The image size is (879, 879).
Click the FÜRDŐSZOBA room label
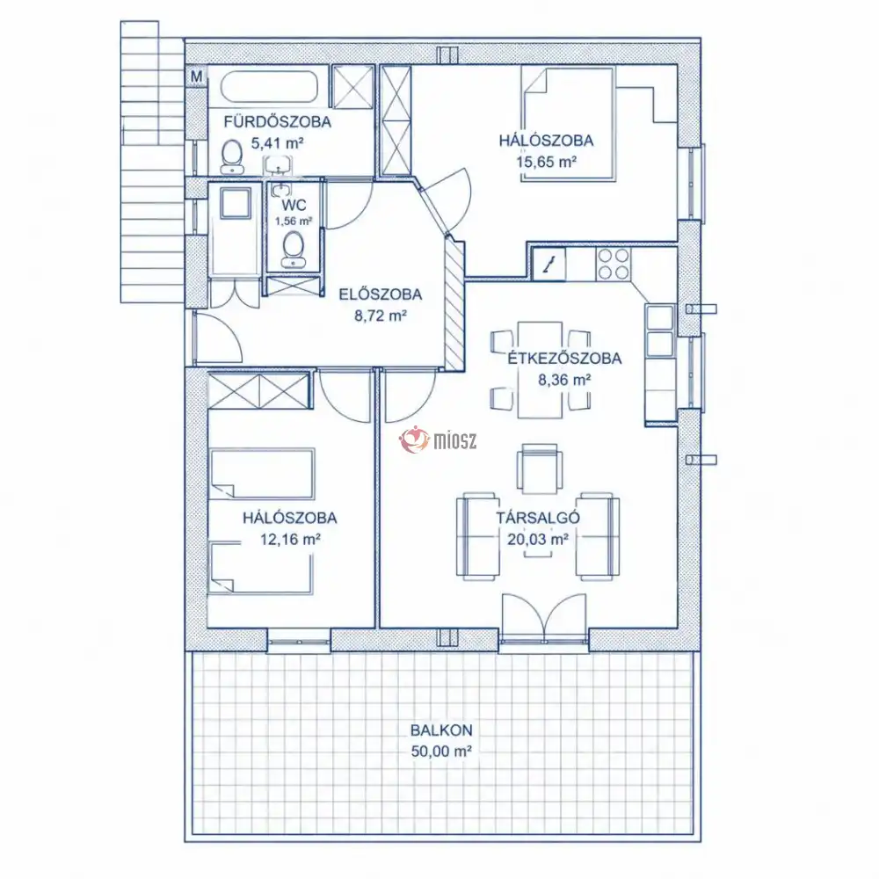coord(278,121)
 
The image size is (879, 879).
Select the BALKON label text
coord(441,730)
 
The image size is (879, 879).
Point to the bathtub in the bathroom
coord(269,87)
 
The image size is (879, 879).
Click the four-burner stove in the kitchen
coord(613,264)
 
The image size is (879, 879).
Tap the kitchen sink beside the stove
coord(548,264)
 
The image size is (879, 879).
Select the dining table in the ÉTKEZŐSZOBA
coord(540,370)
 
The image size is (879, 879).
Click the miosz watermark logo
coord(438,440)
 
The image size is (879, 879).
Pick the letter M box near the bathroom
coord(196,76)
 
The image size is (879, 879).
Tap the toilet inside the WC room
coord(294,250)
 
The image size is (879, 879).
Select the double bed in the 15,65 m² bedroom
coord(568,123)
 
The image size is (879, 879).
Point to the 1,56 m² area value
coord(294,221)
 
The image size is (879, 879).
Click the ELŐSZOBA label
coord(380,294)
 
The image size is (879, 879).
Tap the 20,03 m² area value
coord(538,540)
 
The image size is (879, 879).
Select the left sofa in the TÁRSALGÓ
coord(477,536)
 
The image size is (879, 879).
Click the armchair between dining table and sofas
coord(540,469)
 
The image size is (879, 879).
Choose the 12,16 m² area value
coord(290,540)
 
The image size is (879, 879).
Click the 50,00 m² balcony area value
coord(441,752)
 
